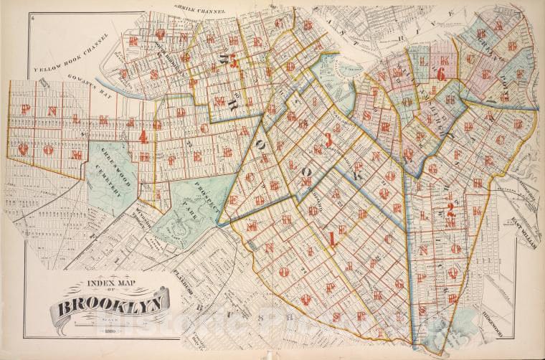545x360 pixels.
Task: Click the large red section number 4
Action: [144, 136]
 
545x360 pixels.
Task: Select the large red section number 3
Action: [328, 139]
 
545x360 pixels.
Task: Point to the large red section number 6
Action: [440, 73]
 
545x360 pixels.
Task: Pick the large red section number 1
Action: [332, 238]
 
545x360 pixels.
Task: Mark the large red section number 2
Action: [452, 210]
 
